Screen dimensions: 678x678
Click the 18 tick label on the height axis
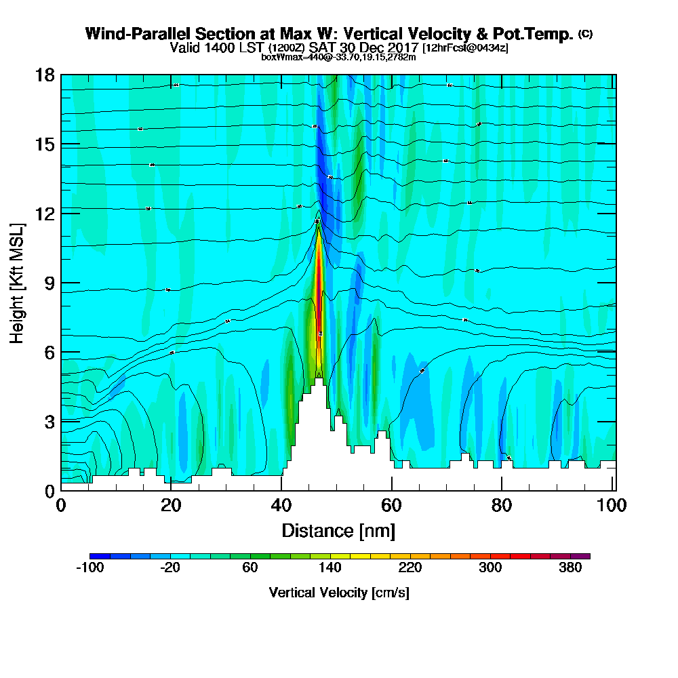tap(45, 75)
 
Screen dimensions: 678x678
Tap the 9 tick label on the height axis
tap(49, 283)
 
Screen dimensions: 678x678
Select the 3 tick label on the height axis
tap(49, 421)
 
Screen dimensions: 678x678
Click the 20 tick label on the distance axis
tap(171, 506)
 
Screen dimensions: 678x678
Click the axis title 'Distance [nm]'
tap(338, 530)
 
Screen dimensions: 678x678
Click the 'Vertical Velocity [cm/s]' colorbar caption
tap(339, 593)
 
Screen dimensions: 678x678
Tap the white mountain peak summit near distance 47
tap(319, 380)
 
